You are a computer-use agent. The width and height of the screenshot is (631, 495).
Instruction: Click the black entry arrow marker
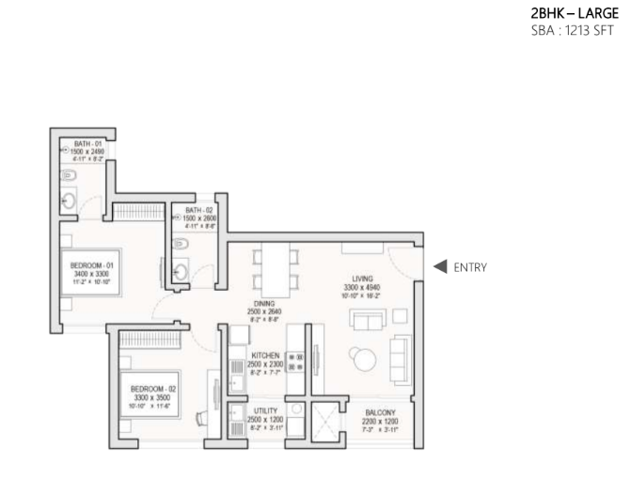pos(439,266)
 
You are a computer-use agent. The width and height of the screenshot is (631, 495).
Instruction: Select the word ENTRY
pos(470,267)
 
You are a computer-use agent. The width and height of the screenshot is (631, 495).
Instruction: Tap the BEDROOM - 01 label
pos(92,266)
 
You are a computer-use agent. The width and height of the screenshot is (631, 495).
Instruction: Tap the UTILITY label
pos(266,411)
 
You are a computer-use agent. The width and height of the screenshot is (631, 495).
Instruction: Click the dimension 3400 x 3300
pos(92,274)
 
